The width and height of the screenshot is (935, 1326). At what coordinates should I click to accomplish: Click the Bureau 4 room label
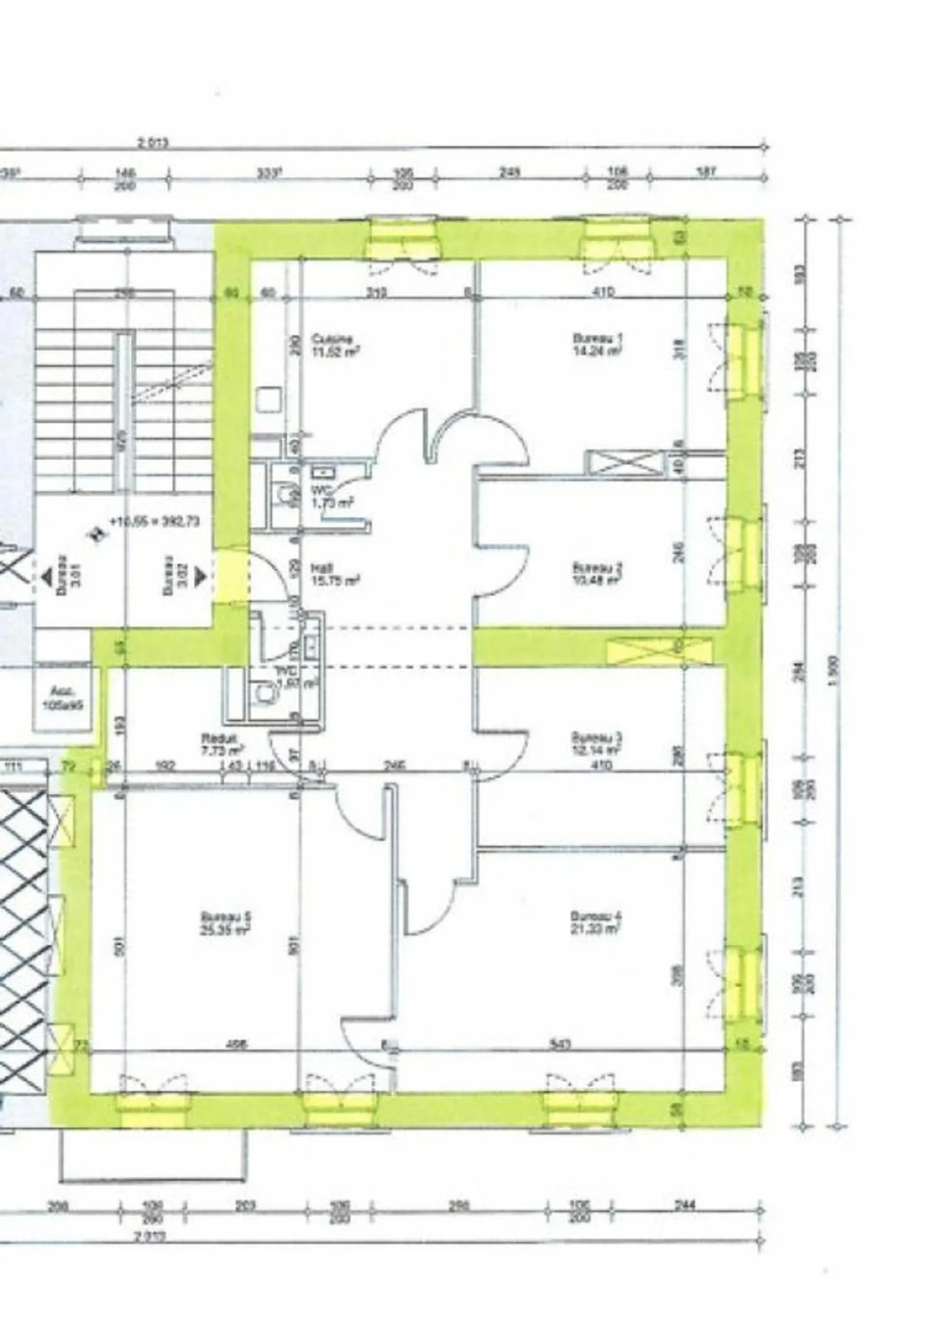click(x=595, y=923)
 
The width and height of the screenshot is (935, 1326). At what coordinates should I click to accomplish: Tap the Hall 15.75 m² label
click(x=335, y=574)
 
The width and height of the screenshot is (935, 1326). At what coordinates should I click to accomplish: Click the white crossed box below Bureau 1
click(x=625, y=463)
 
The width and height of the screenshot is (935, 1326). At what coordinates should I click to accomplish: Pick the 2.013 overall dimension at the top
click(x=153, y=144)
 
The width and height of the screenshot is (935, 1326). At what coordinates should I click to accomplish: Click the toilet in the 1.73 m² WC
click(x=284, y=496)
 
